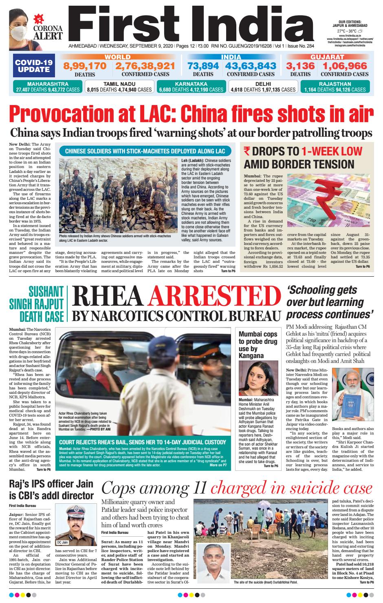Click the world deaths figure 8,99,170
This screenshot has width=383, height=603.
click(x=85, y=66)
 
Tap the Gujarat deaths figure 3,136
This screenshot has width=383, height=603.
click(x=300, y=66)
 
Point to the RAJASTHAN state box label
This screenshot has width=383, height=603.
click(x=335, y=84)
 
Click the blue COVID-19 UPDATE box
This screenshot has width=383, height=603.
click(x=34, y=66)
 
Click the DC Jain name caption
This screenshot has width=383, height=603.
click(x=62, y=542)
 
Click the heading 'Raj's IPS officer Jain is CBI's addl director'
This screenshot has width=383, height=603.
click(x=51, y=490)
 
